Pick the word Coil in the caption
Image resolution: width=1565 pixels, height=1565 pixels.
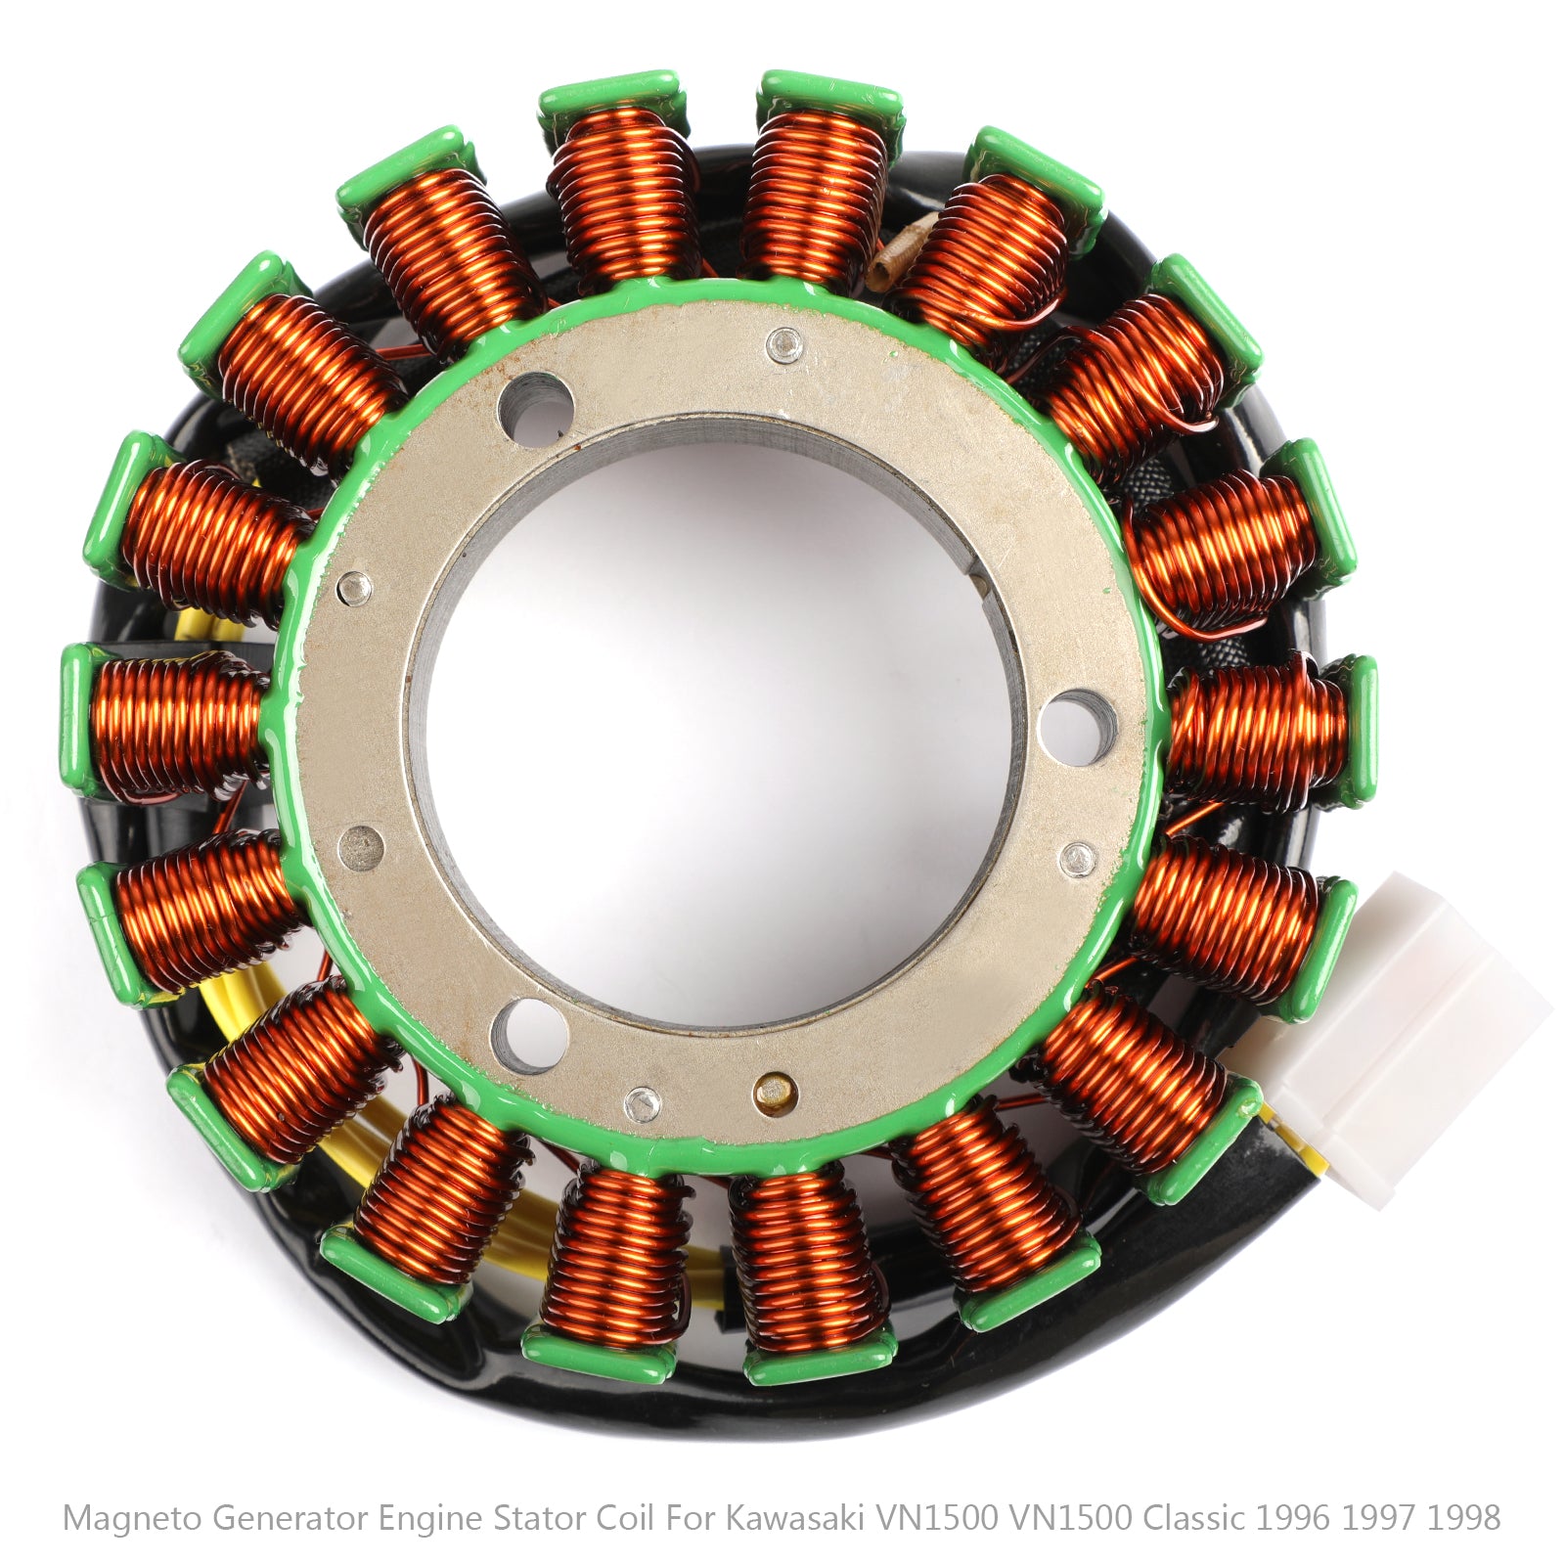pos(627,1517)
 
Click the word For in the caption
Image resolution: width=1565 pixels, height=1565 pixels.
pos(690,1517)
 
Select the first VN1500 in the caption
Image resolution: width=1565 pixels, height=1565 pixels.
pos(936,1517)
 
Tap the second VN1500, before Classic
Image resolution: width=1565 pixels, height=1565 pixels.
pos(1070,1517)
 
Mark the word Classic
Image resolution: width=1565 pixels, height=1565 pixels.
pos(1193,1517)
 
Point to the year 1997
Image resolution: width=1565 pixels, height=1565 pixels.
pos(1379,1517)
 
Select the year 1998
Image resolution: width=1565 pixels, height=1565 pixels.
pos(1463,1517)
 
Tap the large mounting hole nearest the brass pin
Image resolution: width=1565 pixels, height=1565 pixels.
pos(529,1031)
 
